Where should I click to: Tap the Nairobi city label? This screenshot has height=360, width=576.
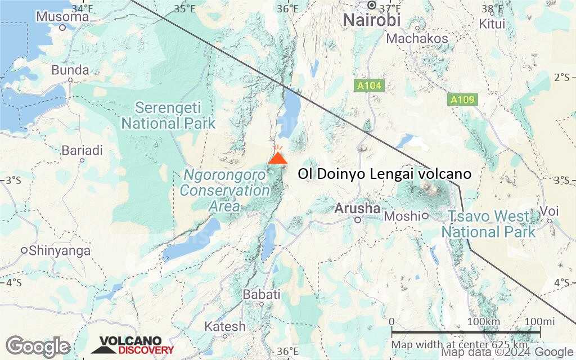(372, 20)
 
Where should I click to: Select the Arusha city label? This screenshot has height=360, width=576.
(357, 209)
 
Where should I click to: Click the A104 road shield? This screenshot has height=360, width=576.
(369, 86)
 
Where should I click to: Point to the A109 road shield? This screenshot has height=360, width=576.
(462, 100)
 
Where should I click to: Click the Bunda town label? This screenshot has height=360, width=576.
(70, 70)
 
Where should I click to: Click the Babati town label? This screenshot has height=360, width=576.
(261, 294)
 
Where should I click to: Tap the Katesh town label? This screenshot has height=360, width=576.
(225, 326)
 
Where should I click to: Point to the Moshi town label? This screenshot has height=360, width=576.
(402, 216)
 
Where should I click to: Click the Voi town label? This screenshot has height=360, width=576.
(549, 211)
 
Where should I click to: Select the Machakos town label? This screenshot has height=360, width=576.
(418, 38)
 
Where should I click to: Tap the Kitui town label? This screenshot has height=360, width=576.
(493, 24)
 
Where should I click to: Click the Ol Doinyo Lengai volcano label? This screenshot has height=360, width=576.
(385, 174)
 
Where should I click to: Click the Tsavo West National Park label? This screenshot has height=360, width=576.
(488, 224)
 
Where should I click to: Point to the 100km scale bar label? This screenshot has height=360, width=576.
(483, 321)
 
